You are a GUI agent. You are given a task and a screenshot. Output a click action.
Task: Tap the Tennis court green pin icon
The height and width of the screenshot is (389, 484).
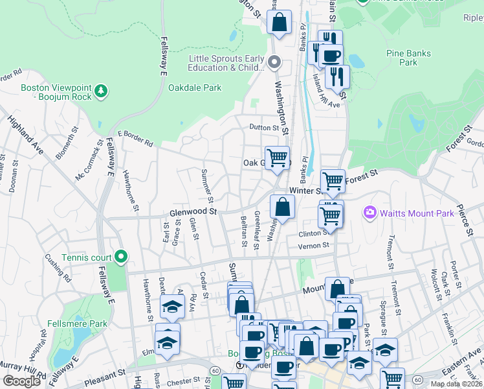tap(120, 257)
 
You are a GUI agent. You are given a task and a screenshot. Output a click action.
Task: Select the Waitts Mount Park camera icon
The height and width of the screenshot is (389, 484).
tap(370, 212)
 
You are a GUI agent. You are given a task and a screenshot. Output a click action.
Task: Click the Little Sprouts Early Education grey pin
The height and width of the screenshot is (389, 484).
tap(274, 63)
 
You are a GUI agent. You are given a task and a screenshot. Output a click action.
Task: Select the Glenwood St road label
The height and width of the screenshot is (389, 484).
tap(192, 211)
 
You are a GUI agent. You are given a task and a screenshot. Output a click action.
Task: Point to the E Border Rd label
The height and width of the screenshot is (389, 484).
tap(135, 137)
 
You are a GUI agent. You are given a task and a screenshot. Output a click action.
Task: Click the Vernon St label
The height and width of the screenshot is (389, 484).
tap(314, 245)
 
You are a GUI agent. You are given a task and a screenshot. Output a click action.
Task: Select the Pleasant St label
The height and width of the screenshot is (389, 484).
tap(104, 375)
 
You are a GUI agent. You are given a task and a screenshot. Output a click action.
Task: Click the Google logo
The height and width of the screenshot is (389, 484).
tap(21, 381)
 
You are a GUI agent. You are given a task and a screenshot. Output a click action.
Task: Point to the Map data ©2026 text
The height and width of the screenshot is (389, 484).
tap(457, 384)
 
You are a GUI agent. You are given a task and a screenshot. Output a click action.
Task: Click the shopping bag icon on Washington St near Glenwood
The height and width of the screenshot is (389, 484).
tap(283, 207)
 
